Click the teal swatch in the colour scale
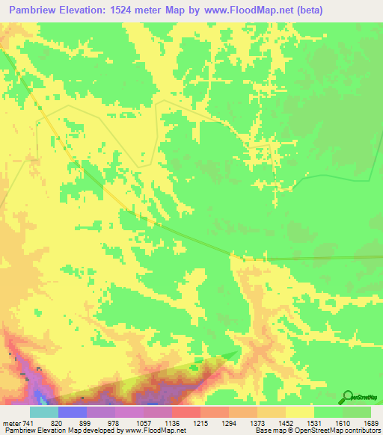pos(43,412)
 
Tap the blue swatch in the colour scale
pos(72,412)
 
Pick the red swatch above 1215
pos(186,412)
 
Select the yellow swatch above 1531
pos(299,412)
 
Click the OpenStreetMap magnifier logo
pos(346,397)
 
